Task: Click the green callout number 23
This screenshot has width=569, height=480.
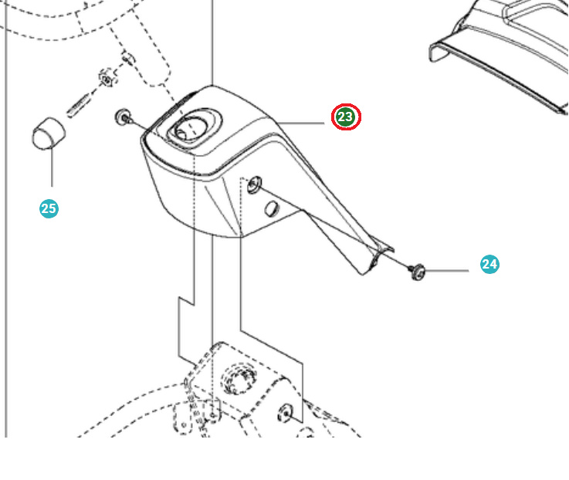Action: (346, 117)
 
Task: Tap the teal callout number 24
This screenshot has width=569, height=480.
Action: (489, 264)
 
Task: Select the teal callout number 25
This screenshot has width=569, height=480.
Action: (49, 208)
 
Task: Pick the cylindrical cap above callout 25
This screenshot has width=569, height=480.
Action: (49, 134)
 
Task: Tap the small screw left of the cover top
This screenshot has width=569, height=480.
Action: (122, 117)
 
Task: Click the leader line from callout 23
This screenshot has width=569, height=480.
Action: (305, 123)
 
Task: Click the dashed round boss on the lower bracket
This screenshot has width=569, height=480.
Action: (236, 380)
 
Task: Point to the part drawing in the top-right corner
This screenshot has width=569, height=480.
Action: (502, 46)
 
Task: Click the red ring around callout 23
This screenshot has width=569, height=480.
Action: (346, 106)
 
